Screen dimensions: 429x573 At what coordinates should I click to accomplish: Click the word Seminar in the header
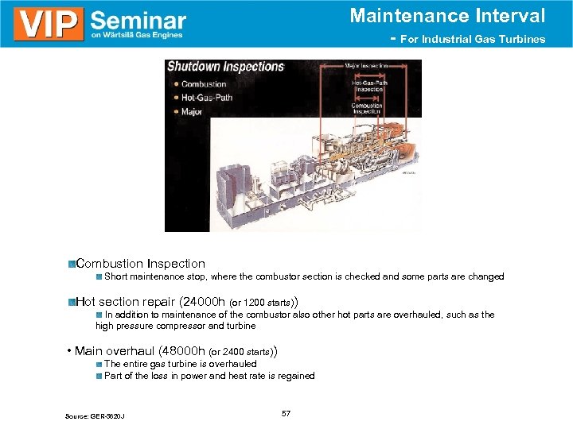138,19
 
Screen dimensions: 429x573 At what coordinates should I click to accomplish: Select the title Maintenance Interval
447,15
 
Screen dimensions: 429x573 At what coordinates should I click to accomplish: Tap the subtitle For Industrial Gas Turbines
473,39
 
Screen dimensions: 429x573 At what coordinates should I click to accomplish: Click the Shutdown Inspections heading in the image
225,67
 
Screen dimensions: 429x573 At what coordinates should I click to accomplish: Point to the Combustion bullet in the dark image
204,84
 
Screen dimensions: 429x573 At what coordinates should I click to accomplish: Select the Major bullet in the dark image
192,112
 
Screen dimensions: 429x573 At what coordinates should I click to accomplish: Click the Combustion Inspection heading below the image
140,263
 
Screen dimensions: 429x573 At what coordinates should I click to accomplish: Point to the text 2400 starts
247,352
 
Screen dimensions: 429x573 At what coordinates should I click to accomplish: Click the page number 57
286,414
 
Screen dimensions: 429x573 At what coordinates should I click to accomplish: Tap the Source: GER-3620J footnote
96,416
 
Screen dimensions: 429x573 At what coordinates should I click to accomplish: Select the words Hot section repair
127,302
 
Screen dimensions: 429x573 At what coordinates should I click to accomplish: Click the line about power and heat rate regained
209,376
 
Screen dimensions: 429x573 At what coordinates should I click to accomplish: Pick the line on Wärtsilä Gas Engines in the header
137,35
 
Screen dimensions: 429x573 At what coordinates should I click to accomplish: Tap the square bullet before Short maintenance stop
99,277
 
